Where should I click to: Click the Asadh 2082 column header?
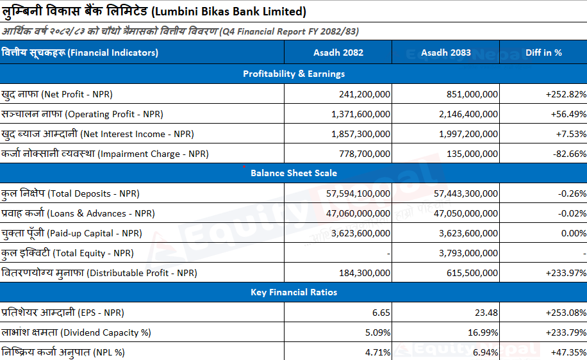[338, 53]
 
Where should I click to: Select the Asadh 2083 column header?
[446, 53]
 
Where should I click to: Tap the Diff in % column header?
[543, 53]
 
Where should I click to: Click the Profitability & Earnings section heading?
[294, 74]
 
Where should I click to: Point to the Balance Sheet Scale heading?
[294, 173]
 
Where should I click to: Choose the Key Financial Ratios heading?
[294, 292]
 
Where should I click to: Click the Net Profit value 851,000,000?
[472, 94]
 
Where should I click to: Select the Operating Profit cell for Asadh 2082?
[361, 114]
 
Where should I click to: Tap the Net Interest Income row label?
[97, 134]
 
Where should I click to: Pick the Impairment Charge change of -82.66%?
[570, 154]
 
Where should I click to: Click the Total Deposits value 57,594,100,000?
[358, 193]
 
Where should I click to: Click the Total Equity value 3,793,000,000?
[468, 253]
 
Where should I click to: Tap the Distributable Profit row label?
[99, 273]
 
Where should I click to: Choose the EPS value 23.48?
[486, 313]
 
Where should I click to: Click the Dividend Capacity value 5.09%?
[377, 332]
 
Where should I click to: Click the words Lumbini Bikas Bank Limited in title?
[230, 12]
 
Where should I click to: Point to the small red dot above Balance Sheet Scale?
[244, 166]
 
